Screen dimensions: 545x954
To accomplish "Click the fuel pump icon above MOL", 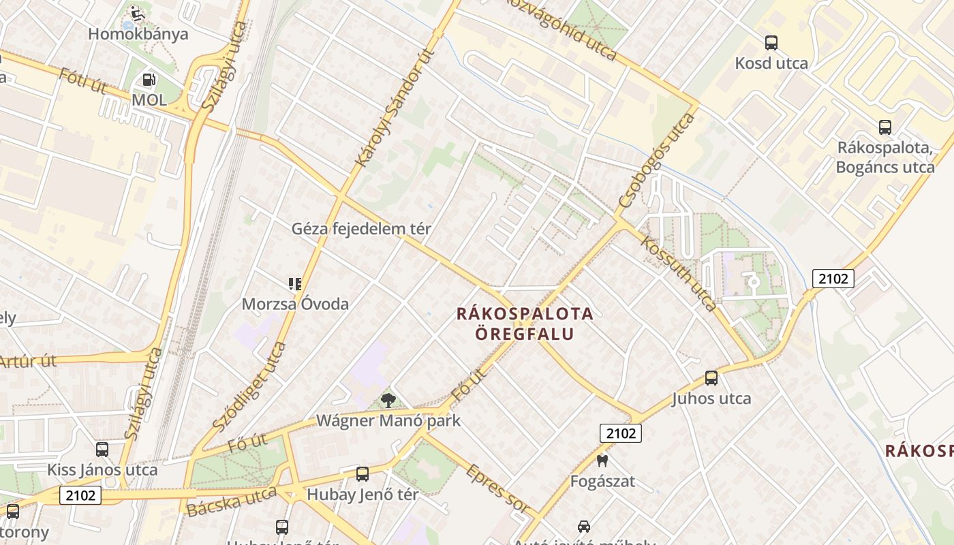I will pyautogui.click(x=149, y=80).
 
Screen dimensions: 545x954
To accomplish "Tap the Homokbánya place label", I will pyautogui.click(x=138, y=34).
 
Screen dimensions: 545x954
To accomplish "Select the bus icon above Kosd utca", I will pyautogui.click(x=771, y=43).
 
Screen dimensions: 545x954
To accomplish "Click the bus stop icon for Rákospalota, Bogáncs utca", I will pyautogui.click(x=885, y=127).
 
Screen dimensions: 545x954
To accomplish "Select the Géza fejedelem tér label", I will pyautogui.click(x=361, y=229).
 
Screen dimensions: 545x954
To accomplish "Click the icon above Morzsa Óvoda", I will pyautogui.click(x=295, y=284).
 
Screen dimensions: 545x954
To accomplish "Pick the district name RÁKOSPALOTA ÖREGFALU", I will pyautogui.click(x=525, y=324).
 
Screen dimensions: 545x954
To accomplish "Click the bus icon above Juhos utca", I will pyautogui.click(x=711, y=377).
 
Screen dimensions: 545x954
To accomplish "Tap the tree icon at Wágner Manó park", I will pyautogui.click(x=388, y=400).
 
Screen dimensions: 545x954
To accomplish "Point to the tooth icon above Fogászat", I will pyautogui.click(x=602, y=461).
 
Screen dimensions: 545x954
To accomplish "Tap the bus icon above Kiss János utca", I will pyautogui.click(x=102, y=450).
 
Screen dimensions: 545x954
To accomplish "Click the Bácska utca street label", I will pyautogui.click(x=232, y=501).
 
